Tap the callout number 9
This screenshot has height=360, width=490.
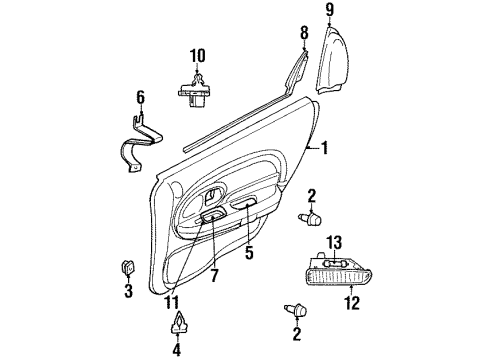coord(328,11)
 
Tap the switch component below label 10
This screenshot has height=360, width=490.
coord(195,90)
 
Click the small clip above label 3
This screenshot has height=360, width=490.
coord(127,266)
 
